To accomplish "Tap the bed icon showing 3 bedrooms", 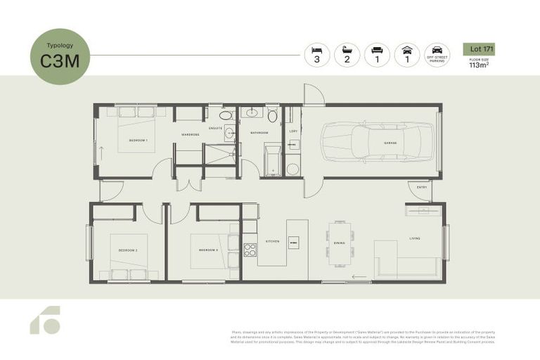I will [x=316, y=54].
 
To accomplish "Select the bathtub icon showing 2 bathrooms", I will [x=347, y=54].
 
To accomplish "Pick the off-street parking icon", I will [x=437, y=54].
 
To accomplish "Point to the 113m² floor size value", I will [x=479, y=66].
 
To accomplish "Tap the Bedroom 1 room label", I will [x=138, y=141].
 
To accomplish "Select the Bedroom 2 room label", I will [x=127, y=250].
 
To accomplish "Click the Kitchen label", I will [x=272, y=241].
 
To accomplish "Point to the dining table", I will [x=339, y=243].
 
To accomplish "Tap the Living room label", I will [x=415, y=238].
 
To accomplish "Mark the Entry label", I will [x=422, y=187].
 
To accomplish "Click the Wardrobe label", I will [x=190, y=134].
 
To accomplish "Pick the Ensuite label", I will [x=216, y=128].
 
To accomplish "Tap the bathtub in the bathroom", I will [x=272, y=160].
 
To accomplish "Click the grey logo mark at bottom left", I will [x=45, y=321].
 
